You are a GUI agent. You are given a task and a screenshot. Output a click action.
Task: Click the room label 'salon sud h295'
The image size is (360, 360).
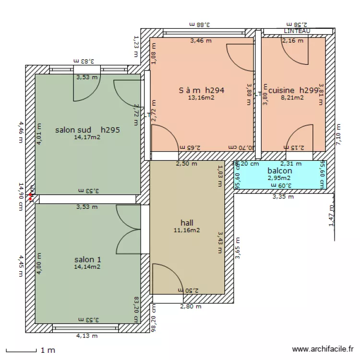coord(87,130)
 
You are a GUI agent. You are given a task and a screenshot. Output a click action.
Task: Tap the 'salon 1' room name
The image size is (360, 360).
coord(87,260)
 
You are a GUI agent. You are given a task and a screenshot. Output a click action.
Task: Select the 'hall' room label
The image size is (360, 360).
coord(187,223)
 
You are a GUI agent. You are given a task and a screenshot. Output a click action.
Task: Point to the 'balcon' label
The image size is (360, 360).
coord(280,170)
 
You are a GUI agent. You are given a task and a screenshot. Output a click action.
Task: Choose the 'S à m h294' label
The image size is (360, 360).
coord(202,90)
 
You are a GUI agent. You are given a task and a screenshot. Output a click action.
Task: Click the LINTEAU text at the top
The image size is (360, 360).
coord(297,31)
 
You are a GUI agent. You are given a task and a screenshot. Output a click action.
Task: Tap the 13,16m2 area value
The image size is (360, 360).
coord(202,97)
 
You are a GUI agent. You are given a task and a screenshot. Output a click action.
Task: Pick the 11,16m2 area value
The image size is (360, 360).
coord(187,230)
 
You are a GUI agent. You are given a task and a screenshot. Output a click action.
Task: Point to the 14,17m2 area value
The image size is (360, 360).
coord(87,137)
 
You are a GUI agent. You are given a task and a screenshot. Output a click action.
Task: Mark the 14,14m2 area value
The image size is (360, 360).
coord(87,267)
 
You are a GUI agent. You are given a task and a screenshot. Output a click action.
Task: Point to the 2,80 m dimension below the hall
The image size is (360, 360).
coord(191,306)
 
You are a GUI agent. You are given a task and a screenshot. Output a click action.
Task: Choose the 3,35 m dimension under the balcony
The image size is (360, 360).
coord(282,196)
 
